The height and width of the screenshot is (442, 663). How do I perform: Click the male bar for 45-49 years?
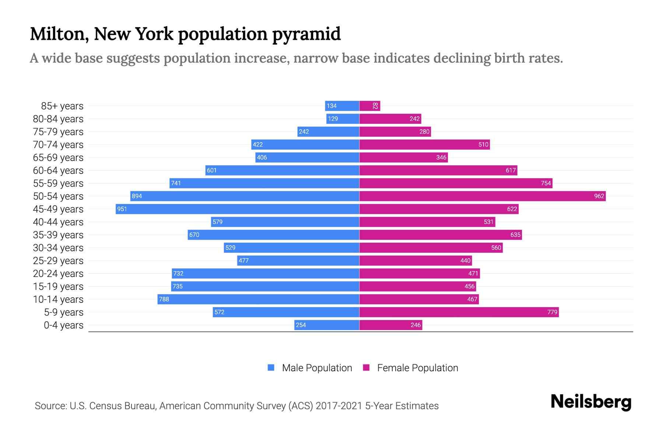pyautogui.click(x=238, y=209)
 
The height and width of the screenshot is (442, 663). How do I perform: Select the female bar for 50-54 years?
pyautogui.click(x=483, y=196)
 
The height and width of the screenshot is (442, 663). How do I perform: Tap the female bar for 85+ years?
pyautogui.click(x=369, y=106)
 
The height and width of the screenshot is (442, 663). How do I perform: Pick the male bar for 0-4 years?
pyautogui.click(x=327, y=325)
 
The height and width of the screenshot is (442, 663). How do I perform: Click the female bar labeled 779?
pyautogui.click(x=459, y=312)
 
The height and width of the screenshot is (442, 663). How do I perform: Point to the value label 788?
pyautogui.click(x=164, y=299)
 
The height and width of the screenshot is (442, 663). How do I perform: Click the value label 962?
pyautogui.click(x=599, y=196)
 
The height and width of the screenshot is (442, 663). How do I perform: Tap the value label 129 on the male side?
pyautogui.click(x=333, y=119)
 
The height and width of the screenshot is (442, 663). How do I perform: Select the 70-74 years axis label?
pyautogui.click(x=58, y=144)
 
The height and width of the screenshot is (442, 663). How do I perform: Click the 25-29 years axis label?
pyautogui.click(x=58, y=260)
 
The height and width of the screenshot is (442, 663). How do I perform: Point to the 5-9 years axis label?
pyautogui.click(x=64, y=312)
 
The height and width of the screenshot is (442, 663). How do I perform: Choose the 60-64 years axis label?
pyautogui.click(x=58, y=170)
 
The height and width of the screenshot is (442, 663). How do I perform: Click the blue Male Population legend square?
pyautogui.click(x=271, y=368)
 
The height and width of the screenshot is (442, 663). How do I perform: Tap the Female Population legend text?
pyautogui.click(x=417, y=368)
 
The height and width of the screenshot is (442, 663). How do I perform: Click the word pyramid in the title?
pyautogui.click(x=306, y=34)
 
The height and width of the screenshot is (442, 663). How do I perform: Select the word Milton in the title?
pyautogui.click(x=59, y=34)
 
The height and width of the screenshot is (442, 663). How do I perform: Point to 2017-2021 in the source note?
pyautogui.click(x=339, y=406)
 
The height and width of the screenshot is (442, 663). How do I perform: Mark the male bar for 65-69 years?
pyautogui.click(x=307, y=157)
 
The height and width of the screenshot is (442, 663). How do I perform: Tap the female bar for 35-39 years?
pyautogui.click(x=441, y=235)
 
